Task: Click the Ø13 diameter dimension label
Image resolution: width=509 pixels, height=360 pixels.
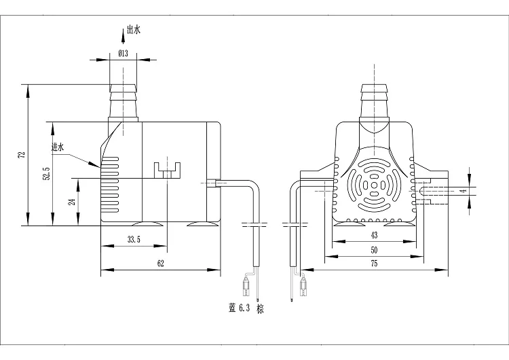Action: (x=123, y=53)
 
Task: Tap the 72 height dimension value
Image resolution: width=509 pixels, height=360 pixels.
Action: (x=22, y=155)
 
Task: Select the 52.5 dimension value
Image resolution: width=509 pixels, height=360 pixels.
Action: (x=47, y=174)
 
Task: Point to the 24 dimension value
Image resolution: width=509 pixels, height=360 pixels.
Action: (x=73, y=202)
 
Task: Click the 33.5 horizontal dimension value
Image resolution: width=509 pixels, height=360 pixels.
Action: (x=134, y=240)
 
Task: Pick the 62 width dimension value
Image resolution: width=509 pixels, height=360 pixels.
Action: (x=161, y=263)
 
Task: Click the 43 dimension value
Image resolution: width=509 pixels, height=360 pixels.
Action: (x=374, y=235)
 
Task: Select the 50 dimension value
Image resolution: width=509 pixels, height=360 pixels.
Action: (x=374, y=250)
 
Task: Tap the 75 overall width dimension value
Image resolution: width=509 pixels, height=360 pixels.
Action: (x=374, y=263)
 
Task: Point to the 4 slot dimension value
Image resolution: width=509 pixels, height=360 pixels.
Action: (x=464, y=191)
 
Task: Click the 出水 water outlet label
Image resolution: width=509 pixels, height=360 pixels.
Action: (x=134, y=30)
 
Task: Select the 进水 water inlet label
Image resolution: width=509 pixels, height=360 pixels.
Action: (x=58, y=147)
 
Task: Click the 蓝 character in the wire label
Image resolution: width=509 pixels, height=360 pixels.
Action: (x=232, y=308)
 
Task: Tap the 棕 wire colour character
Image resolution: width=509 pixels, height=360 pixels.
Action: (x=260, y=308)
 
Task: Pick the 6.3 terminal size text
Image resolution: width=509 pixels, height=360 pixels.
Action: (x=244, y=308)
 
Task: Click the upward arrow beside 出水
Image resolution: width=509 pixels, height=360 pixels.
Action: (x=123, y=36)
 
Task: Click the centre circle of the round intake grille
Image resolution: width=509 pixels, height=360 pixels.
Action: (x=374, y=185)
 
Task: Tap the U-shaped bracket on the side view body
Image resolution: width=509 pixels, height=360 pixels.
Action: (x=167, y=170)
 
